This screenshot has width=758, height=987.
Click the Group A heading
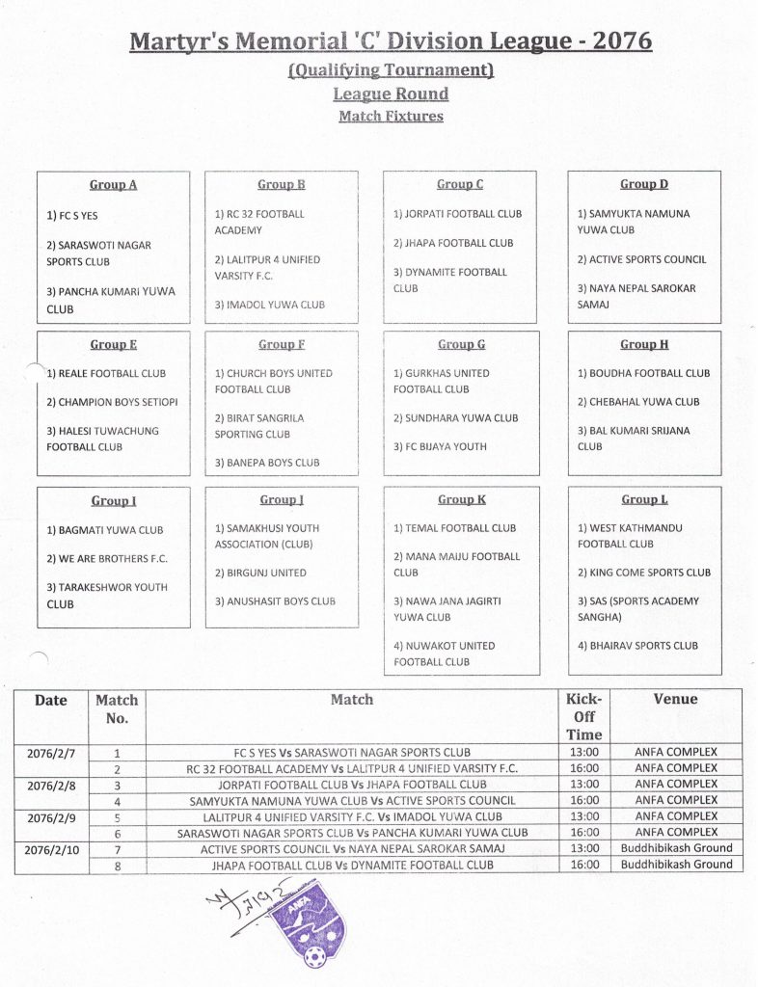point(113,184)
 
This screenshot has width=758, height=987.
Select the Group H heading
point(645,344)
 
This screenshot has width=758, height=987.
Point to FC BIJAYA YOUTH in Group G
point(440,446)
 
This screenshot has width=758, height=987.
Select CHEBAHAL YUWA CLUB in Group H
point(638,402)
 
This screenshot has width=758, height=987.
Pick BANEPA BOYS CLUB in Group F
point(267,463)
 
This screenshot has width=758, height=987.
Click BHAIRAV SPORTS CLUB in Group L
point(637,646)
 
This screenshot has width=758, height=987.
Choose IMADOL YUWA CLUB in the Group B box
point(269,305)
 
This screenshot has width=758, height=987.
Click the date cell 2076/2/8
point(51,785)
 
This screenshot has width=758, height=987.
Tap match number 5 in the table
point(117,816)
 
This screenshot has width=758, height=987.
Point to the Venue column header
point(675,700)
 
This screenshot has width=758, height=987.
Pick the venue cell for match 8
point(676,865)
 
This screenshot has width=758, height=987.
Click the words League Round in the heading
point(391,93)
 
